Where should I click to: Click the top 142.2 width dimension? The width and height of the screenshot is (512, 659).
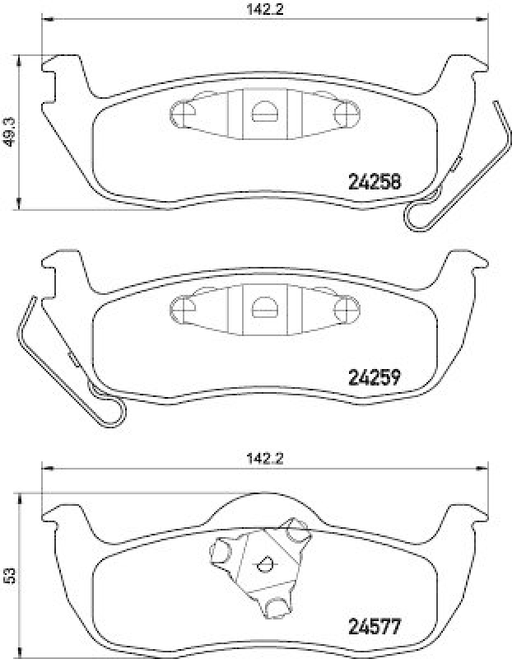pyautogui.click(x=264, y=11)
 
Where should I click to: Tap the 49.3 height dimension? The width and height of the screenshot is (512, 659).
pyautogui.click(x=9, y=131)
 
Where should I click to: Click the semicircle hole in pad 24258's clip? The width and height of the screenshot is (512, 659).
pyautogui.click(x=263, y=111)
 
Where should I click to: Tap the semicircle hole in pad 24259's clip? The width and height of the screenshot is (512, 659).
pyautogui.click(x=264, y=306)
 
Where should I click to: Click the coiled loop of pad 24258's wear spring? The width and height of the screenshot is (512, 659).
pyautogui.click(x=417, y=216)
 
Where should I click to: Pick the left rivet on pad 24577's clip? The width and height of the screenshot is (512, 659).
pyautogui.click(x=222, y=551)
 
